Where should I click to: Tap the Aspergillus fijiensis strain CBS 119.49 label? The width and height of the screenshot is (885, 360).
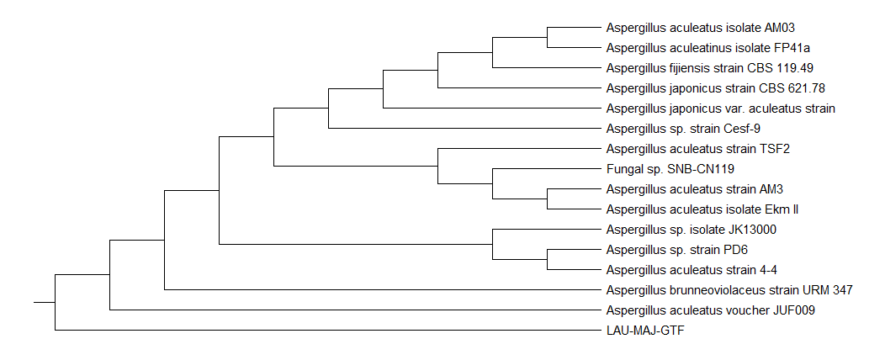709,68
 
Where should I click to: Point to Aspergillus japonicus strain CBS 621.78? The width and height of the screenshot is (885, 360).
711,88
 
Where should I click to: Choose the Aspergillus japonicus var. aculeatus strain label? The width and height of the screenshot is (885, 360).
720,109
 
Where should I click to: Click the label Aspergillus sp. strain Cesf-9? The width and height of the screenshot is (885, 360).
683,129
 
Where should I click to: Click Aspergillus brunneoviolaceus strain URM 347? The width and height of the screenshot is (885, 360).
729,290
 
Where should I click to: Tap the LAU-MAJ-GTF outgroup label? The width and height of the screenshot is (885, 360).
645,331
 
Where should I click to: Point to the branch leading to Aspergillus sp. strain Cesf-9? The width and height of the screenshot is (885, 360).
463,129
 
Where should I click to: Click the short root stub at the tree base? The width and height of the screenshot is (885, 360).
45,301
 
